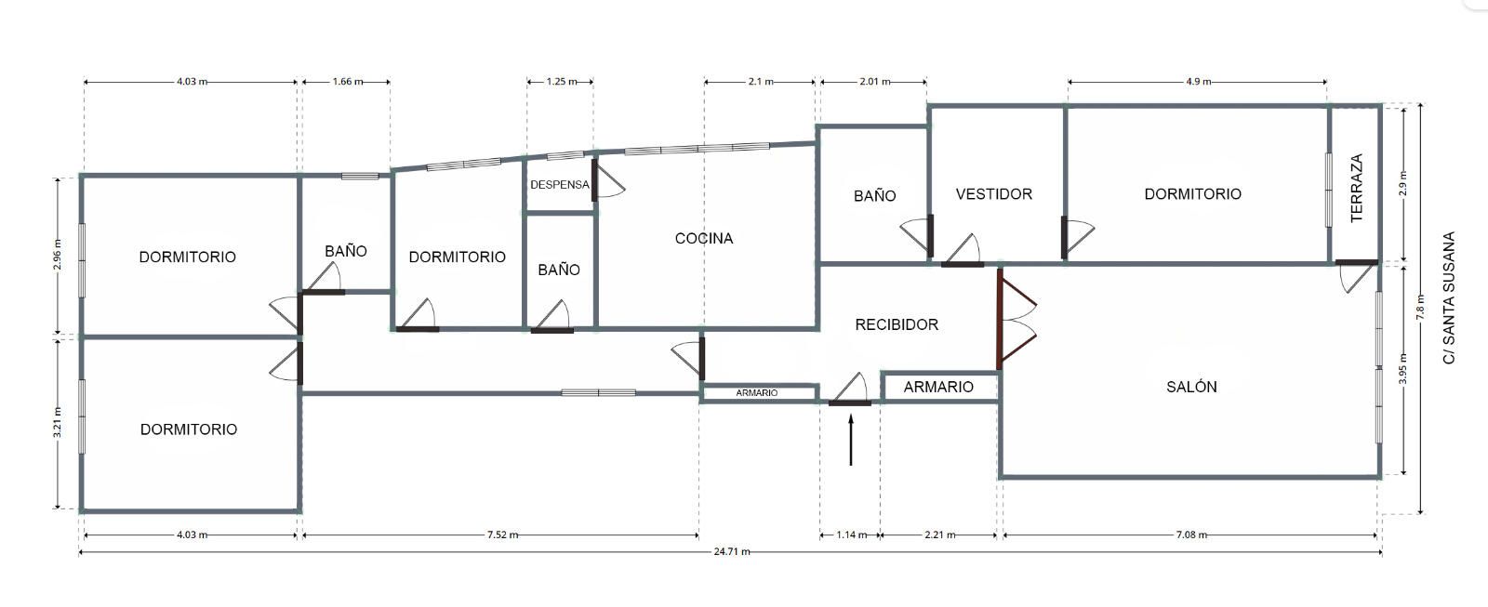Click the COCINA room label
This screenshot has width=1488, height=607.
(703, 238)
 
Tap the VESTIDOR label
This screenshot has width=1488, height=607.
(994, 194)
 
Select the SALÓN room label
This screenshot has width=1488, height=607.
(1191, 387)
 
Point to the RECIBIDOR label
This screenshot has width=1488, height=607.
(897, 324)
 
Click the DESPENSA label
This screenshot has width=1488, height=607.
(559, 185)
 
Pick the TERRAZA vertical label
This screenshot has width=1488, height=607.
(1357, 188)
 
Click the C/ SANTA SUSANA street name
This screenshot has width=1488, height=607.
(1449, 297)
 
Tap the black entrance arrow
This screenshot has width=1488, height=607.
(851, 440)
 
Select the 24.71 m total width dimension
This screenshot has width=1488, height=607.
(731, 551)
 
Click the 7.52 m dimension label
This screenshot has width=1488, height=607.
(502, 534)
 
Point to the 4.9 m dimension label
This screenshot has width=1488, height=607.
(1198, 82)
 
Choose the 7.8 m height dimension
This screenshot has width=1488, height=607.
(1420, 308)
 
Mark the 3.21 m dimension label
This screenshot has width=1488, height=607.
(58, 422)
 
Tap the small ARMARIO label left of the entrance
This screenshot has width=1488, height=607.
(757, 393)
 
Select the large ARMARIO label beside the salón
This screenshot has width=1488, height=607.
(938, 387)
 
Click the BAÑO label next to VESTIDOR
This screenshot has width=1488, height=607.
(874, 196)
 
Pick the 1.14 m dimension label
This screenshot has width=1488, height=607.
(851, 534)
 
